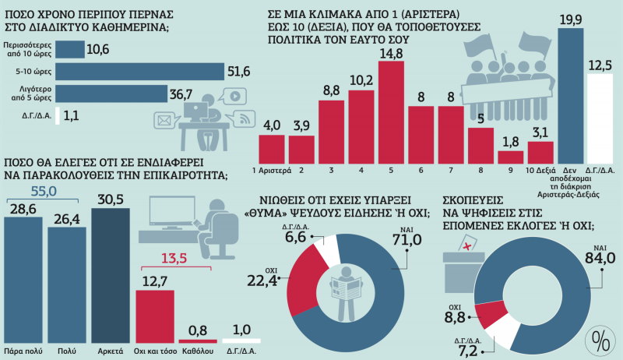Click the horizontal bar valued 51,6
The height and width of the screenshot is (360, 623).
(140, 72)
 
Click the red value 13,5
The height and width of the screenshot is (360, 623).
(177, 258)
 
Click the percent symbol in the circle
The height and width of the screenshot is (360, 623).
(600, 340)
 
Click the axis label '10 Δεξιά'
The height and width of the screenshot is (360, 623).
(540, 170)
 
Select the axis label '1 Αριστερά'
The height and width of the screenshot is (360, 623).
(271, 170)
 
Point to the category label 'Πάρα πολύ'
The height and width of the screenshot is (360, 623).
(23, 351)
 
